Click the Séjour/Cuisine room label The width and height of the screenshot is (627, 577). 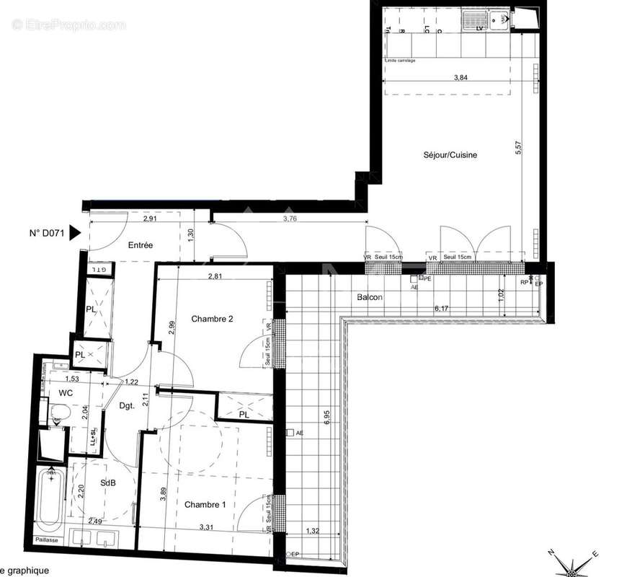[x=450, y=155]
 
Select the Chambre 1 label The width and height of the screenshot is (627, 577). [x=204, y=505]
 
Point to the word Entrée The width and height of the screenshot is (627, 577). [x=141, y=245]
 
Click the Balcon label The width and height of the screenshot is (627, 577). [x=369, y=297]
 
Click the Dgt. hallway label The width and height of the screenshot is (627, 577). [x=128, y=406]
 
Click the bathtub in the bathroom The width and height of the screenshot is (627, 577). [x=50, y=498]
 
